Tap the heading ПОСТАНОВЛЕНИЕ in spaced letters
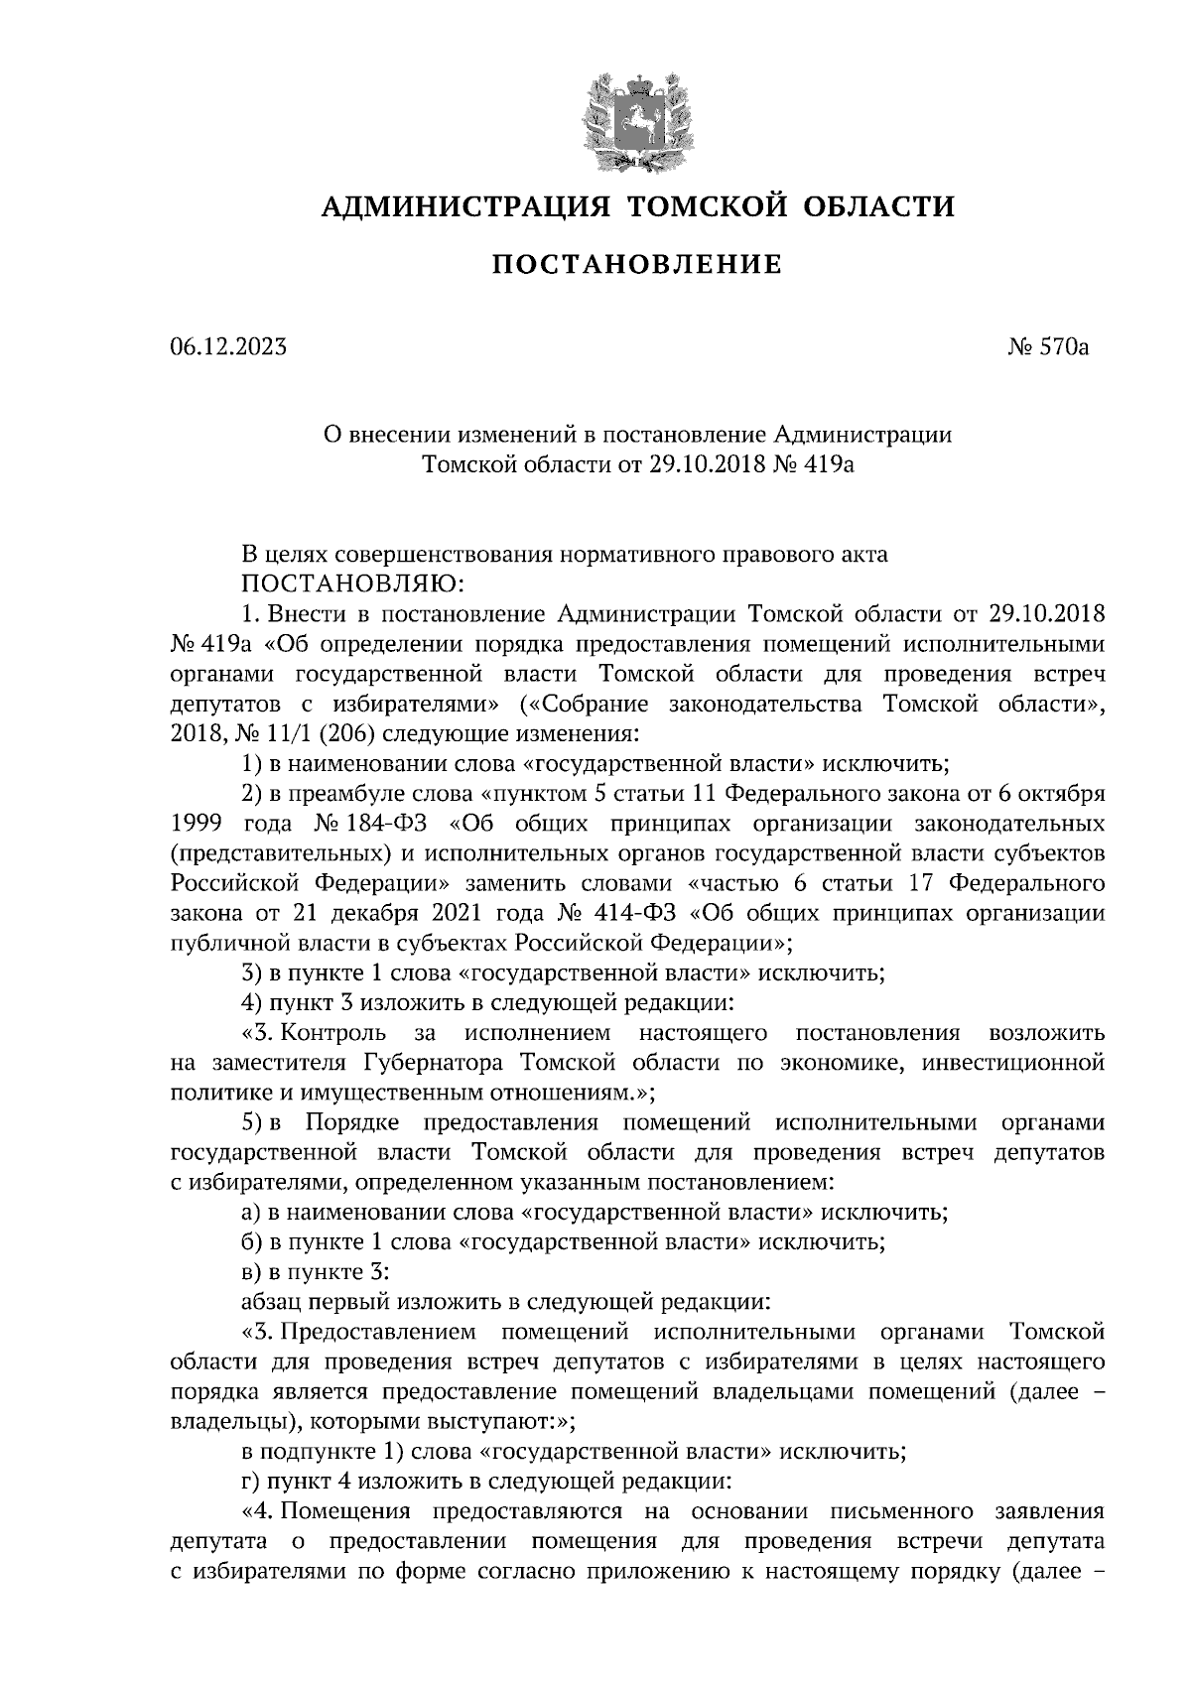tap(638, 265)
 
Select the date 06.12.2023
tap(228, 347)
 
